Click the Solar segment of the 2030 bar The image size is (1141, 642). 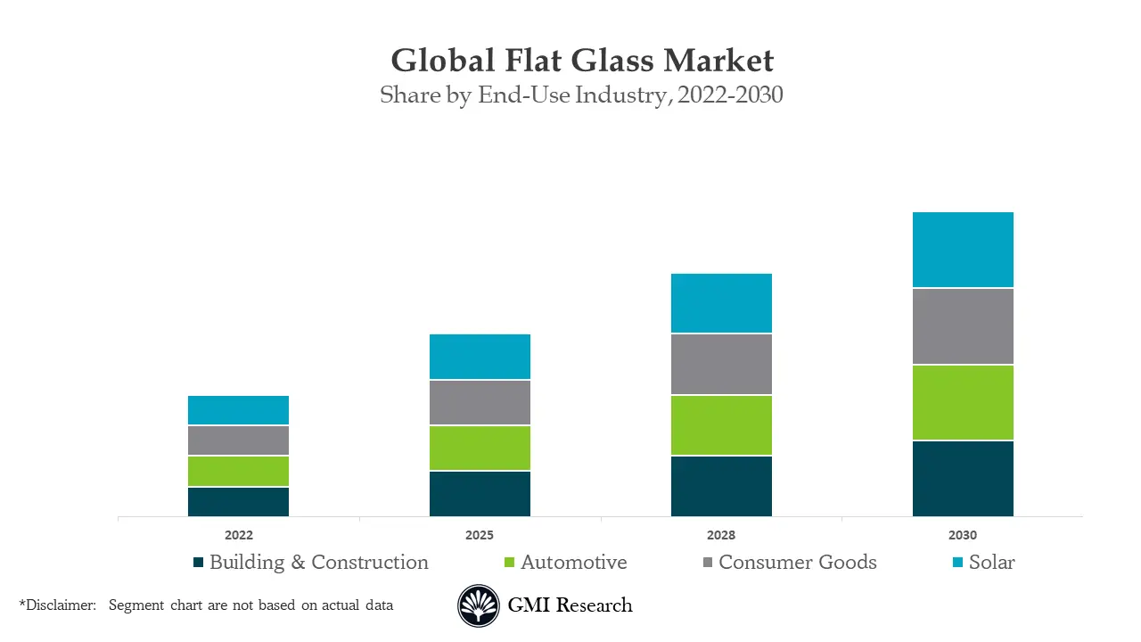[963, 250]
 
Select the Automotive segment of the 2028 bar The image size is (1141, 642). [721, 425]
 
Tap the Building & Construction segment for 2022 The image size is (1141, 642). [238, 502]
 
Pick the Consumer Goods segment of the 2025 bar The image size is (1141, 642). [480, 403]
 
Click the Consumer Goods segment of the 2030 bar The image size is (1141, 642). [963, 326]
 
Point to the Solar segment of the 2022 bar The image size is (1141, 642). [238, 410]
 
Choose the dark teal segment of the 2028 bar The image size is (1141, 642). [721, 486]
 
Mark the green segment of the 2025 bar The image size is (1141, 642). [480, 448]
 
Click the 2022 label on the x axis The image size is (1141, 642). [238, 536]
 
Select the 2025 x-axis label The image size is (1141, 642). [480, 536]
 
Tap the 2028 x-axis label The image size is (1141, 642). [721, 536]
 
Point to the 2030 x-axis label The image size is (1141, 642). [963, 536]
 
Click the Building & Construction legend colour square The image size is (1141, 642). [199, 563]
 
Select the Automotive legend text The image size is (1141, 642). [574, 563]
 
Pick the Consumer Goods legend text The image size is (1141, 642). [798, 563]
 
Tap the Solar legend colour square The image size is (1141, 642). [958, 563]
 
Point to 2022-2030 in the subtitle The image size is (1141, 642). [730, 95]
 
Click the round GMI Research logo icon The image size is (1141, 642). [479, 606]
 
